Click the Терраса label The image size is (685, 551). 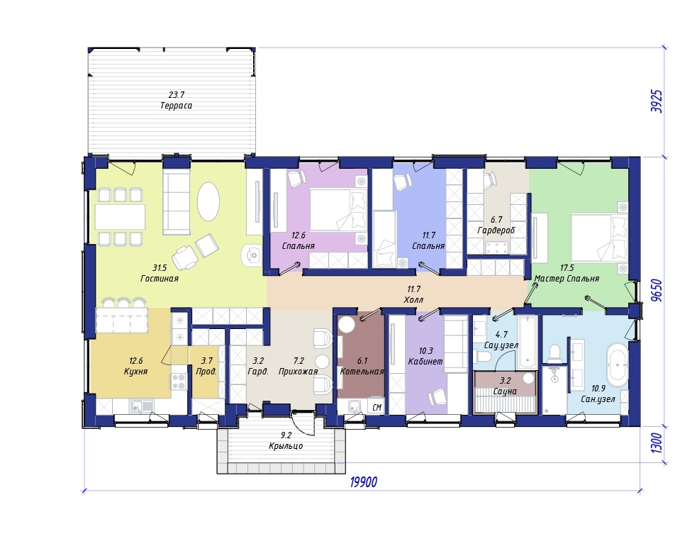point(176,106)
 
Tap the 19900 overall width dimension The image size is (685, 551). point(364,482)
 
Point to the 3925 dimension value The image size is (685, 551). point(657,101)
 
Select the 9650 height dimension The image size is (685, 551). point(657,290)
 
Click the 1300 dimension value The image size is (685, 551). point(657,443)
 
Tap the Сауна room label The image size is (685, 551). point(505,391)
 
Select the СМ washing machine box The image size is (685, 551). point(377,407)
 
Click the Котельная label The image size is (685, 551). point(362,372)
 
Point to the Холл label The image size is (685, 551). point(413,300)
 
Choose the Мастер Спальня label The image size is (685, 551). point(567,279)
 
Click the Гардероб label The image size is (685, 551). point(496,230)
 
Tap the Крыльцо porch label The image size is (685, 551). point(286,446)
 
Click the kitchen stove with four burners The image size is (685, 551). point(178,382)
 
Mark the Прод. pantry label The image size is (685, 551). point(206,372)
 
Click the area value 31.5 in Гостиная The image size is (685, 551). point(160,268)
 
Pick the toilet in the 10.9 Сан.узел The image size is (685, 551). point(555,352)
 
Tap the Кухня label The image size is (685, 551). point(135,372)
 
